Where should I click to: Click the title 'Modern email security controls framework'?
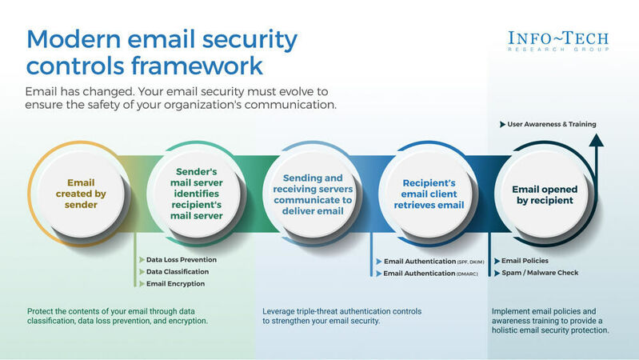[x=162, y=52]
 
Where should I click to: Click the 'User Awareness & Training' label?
[x=551, y=124]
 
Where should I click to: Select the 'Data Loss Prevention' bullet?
[x=181, y=259]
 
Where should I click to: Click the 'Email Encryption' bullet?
[x=175, y=283]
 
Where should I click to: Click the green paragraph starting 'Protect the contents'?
[x=118, y=315]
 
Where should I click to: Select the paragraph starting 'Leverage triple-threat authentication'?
[x=341, y=315]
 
